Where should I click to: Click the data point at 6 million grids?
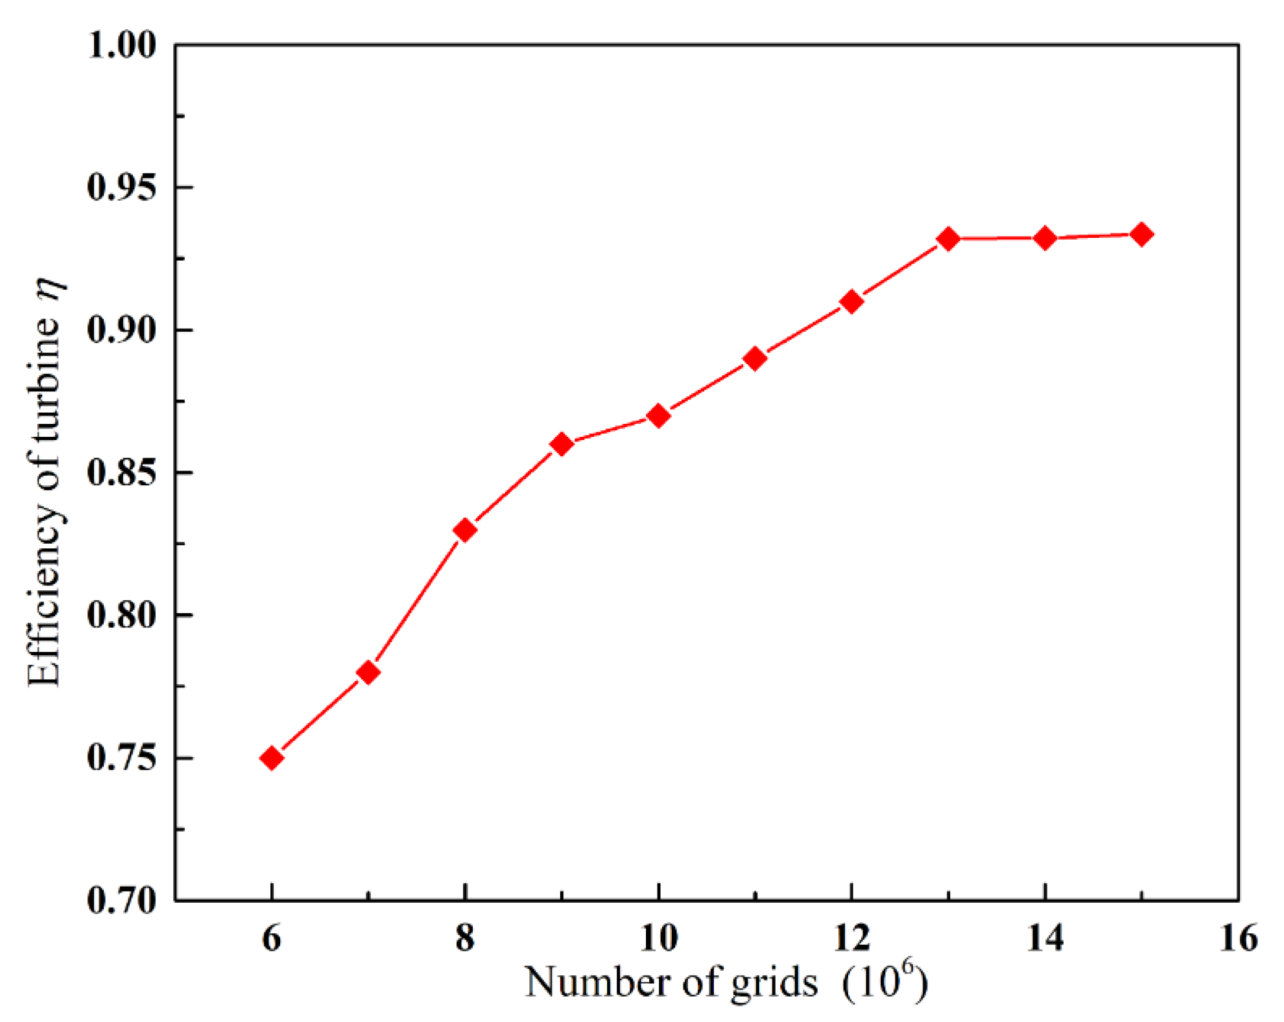(272, 758)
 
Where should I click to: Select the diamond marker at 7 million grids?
(368, 673)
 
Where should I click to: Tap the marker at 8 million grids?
(465, 530)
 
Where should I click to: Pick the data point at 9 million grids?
(562, 445)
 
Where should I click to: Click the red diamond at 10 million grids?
(658, 415)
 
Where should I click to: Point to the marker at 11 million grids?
(755, 358)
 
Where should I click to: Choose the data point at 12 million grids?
(851, 301)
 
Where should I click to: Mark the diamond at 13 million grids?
(948, 239)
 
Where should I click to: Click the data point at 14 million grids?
(1045, 238)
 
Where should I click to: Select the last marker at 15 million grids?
(1142, 235)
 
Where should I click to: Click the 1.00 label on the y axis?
(122, 45)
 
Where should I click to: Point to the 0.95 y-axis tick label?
(122, 188)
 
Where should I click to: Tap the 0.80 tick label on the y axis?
(122, 615)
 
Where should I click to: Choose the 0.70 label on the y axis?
(122, 900)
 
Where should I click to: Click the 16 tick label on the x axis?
(1238, 938)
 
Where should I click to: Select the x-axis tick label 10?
(658, 938)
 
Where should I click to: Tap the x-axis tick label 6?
(272, 938)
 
